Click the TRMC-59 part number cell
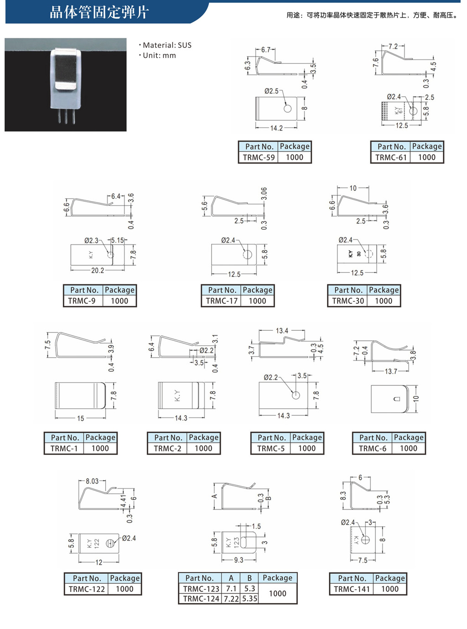[258, 157]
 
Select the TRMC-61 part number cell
[391, 157]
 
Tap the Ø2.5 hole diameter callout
[271, 91]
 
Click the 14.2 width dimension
[276, 128]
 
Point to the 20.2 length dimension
[98, 270]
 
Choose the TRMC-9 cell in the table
[82, 301]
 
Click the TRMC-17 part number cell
[222, 301]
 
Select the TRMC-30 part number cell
[348, 301]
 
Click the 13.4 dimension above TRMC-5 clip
[282, 331]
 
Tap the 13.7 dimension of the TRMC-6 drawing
[391, 371]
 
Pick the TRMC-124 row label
[201, 598]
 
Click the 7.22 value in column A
[231, 598]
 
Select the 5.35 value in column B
[249, 598]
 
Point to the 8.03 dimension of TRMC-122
[92, 481]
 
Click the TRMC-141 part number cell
[352, 589]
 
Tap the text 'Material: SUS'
[167, 45]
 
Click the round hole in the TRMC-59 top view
[287, 109]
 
